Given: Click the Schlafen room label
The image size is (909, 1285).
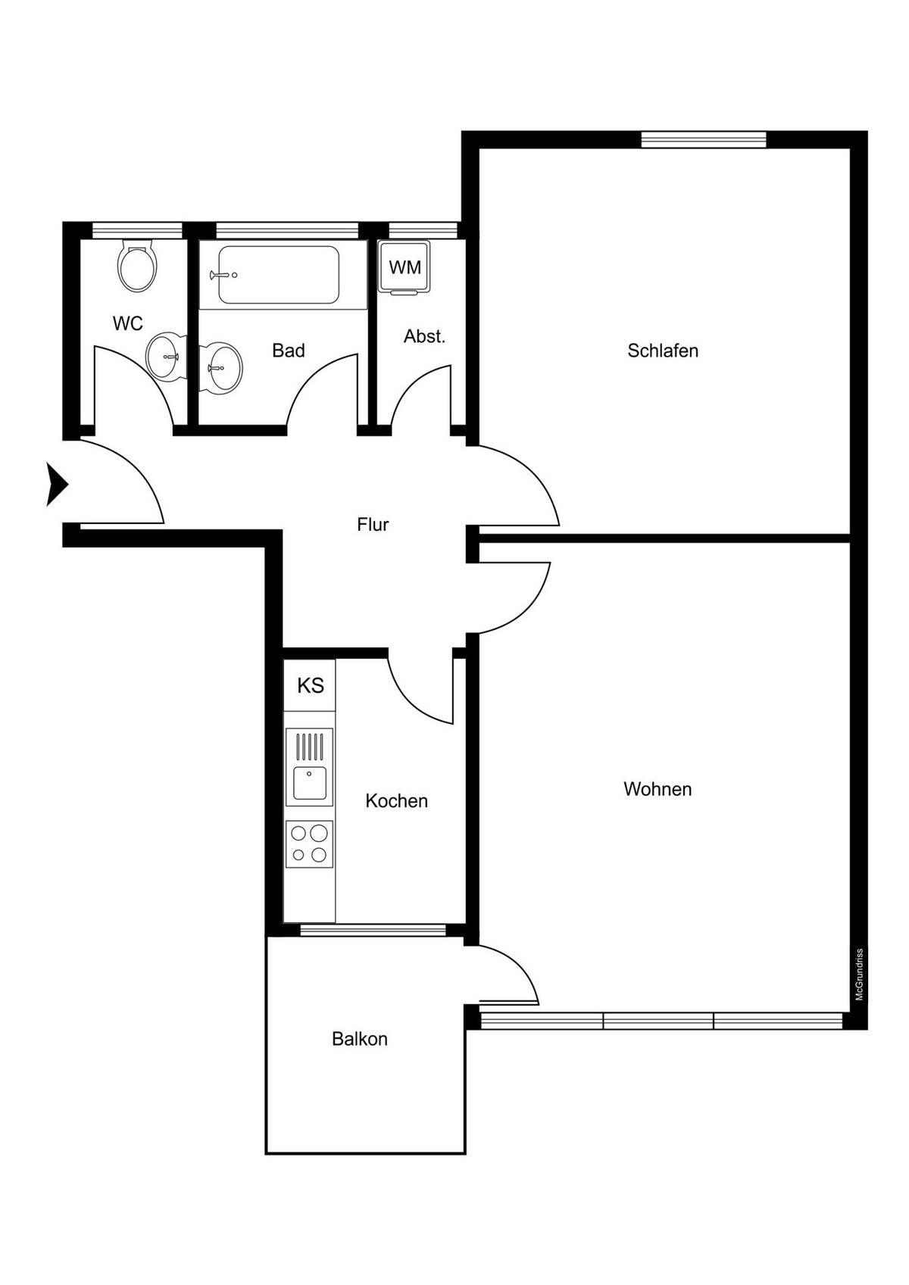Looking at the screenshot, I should [x=662, y=351].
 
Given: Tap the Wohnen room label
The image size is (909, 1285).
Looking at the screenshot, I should [x=658, y=789].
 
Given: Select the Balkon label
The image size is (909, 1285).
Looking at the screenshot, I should [x=360, y=1039].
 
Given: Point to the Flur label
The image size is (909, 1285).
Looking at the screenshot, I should [x=373, y=525].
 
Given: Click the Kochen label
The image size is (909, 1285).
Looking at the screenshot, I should [x=396, y=801].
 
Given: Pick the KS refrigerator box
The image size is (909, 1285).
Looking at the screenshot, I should [x=310, y=685].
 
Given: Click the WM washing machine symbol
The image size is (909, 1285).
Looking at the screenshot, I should [x=405, y=267].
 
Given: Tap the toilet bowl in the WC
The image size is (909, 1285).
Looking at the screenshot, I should [x=137, y=267].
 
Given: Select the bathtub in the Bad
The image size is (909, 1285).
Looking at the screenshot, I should [x=278, y=275].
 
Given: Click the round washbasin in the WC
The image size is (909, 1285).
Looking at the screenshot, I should [x=164, y=357].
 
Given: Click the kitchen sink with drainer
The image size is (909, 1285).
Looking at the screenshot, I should [x=309, y=766].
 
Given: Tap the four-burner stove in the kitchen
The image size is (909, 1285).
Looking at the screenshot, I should [x=309, y=844].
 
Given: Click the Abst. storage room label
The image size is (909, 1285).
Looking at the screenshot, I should [x=424, y=337].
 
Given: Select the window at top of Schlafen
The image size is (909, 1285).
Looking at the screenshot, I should [x=704, y=139].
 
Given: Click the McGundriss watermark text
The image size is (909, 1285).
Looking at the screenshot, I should [x=859, y=975].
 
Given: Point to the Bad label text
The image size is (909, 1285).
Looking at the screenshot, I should [x=289, y=351].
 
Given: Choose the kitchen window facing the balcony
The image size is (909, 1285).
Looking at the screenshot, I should [x=373, y=930].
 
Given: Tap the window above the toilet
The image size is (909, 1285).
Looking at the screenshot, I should [x=137, y=230].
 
